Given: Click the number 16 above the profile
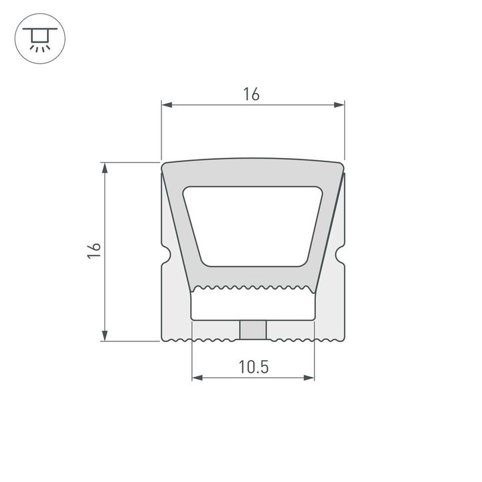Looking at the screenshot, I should tap(252, 94).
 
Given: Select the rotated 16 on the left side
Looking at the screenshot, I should tap(95, 251).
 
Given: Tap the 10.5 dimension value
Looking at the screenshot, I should tap(252, 367).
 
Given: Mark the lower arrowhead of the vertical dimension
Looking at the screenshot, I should tap(105, 335).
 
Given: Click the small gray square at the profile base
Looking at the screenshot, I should tap(253, 329).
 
